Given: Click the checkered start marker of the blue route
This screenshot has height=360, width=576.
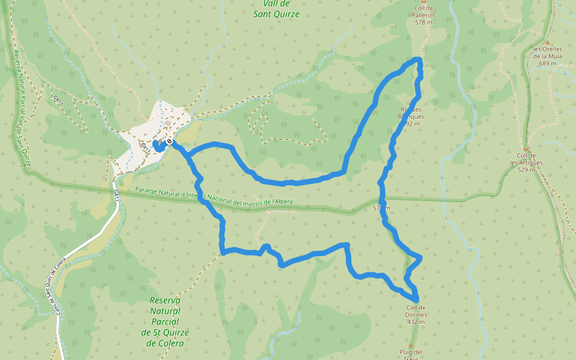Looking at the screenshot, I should [x=170, y=142].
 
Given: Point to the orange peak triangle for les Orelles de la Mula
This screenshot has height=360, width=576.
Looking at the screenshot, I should [x=547, y=42].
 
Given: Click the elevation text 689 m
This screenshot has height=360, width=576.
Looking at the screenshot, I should [x=548, y=64].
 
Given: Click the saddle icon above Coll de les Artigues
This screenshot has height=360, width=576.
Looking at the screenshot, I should [x=526, y=149].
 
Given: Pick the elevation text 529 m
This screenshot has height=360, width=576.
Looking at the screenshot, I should [x=526, y=170].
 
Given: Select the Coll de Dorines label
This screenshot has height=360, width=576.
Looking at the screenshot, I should [x=416, y=311].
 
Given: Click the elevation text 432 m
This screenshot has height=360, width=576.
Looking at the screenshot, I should [x=416, y=322].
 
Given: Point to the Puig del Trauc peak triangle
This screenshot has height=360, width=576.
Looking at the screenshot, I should [x=411, y=346].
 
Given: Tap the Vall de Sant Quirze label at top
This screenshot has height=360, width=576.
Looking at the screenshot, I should [x=276, y=9].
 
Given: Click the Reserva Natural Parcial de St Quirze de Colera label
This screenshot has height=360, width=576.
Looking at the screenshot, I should [x=166, y=322].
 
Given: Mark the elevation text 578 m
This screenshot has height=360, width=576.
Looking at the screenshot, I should [x=424, y=22].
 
